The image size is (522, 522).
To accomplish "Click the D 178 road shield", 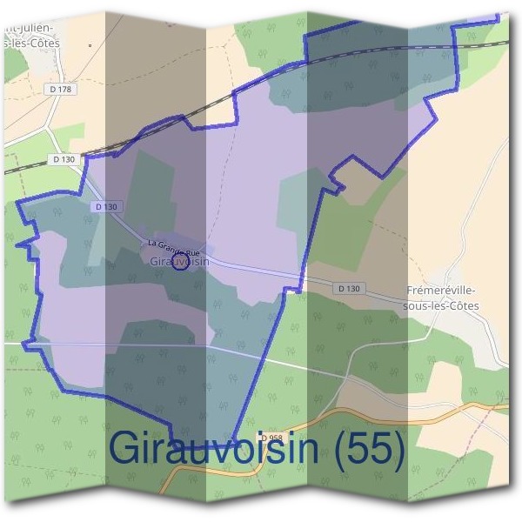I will [59, 89].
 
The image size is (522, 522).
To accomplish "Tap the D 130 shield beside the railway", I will [64, 159].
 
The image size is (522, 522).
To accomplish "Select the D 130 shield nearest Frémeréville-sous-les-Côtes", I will [348, 288].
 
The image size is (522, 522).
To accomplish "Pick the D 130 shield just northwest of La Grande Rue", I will [104, 206].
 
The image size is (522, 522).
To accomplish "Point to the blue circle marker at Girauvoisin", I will [180, 262].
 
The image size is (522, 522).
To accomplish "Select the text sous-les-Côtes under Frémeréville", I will [442, 305].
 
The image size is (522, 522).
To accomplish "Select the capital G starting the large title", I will [126, 449].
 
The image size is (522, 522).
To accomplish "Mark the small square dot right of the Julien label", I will [90, 43].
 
